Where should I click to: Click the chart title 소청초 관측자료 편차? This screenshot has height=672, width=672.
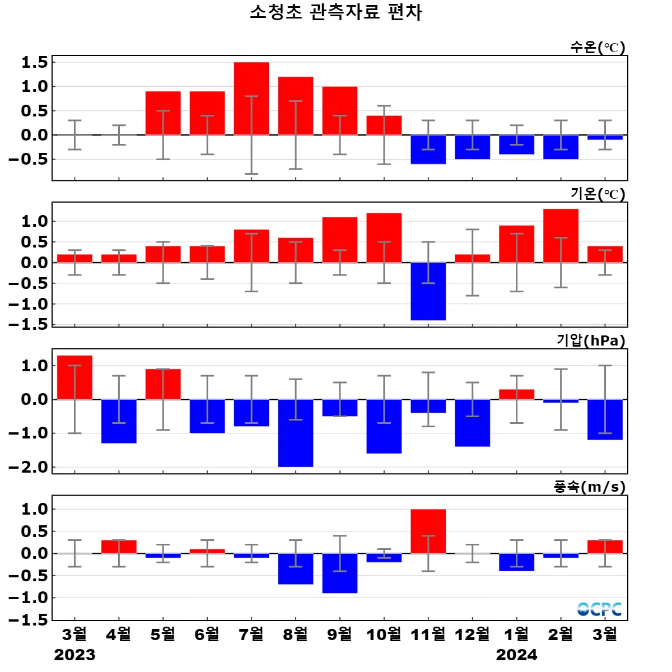(x=336, y=12)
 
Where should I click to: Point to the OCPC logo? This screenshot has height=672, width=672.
(x=599, y=609)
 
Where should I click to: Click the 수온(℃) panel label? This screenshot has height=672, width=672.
(x=598, y=47)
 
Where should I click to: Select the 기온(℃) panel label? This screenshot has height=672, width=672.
(x=598, y=194)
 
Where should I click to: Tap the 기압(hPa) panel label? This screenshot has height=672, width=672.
(x=591, y=340)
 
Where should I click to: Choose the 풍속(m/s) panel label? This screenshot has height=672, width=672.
(x=590, y=487)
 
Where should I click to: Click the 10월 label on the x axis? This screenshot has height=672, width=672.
(x=384, y=634)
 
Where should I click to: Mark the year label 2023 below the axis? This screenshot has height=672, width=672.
(x=74, y=655)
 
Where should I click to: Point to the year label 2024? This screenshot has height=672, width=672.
(x=516, y=655)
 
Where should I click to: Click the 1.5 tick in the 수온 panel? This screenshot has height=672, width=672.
(x=35, y=62)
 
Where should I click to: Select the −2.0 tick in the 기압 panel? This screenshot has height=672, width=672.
(x=28, y=467)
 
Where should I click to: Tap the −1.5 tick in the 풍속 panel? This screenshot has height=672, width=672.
(x=28, y=620)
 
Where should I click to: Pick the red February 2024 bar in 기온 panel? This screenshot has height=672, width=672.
(x=561, y=236)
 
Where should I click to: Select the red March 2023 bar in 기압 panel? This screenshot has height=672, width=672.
(x=74, y=377)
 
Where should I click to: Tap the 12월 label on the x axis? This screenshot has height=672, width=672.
(x=472, y=634)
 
